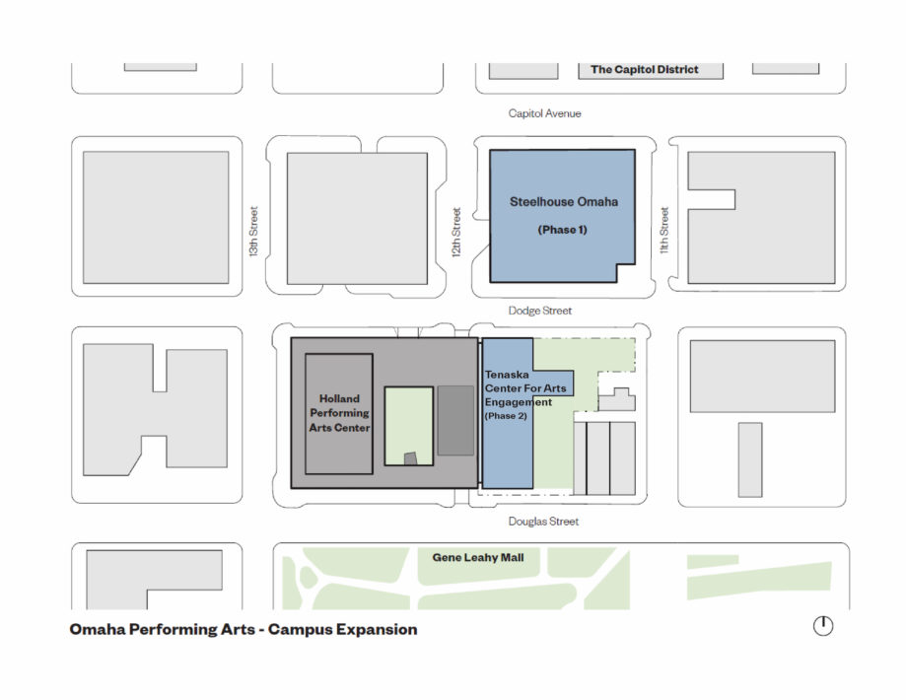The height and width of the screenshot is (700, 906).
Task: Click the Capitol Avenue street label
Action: point(544,113)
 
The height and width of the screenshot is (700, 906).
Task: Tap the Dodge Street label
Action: point(539,311)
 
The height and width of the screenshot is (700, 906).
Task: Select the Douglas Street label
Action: point(543,522)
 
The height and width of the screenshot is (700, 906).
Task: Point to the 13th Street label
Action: point(253,232)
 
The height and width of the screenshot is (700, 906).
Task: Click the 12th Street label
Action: point(456,233)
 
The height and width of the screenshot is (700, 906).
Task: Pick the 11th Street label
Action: point(663,230)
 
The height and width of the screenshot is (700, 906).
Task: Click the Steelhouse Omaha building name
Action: point(563,202)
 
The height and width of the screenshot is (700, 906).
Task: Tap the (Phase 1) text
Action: point(562,230)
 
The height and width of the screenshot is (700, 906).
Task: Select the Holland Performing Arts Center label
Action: point(339,413)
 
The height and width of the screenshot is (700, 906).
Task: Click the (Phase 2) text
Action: point(506,416)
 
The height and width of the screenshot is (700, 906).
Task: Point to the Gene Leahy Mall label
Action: point(478,557)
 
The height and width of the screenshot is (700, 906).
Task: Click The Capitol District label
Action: point(644,69)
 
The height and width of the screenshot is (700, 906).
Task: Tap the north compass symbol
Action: point(823,625)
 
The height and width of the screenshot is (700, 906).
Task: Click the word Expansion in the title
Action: point(377,629)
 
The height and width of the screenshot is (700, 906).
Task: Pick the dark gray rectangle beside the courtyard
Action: point(455,420)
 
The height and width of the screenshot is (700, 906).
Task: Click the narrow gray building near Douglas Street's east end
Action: point(750,459)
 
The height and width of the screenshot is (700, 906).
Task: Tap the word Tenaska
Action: point(506,375)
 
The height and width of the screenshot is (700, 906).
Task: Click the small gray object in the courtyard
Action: point(410,458)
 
